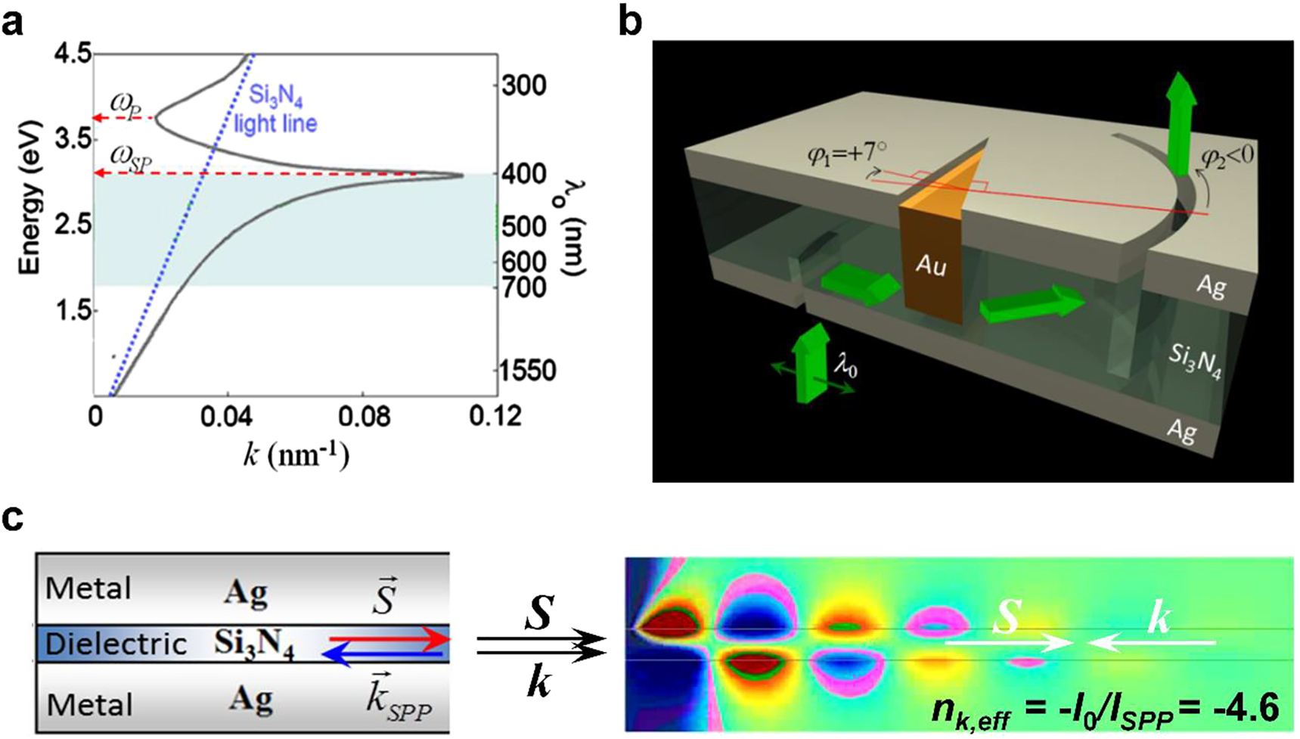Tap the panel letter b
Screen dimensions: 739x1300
[x=631, y=22]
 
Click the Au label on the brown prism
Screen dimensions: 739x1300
[x=932, y=266]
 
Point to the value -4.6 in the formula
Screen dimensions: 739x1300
[x=1249, y=709]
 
